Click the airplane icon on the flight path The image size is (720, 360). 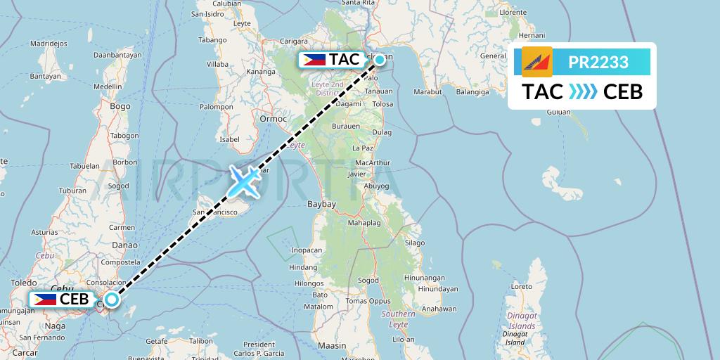pyautogui.click(x=243, y=181)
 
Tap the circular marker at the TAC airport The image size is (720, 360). pyautogui.click(x=380, y=60)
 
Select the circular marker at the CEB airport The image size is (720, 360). pyautogui.click(x=112, y=299)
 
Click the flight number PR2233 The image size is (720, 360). pyautogui.click(x=598, y=63)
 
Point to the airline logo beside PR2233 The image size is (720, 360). pyautogui.click(x=537, y=62)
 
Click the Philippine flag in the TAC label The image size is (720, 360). pyautogui.click(x=313, y=60)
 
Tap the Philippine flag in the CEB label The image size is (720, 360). pyautogui.click(x=44, y=299)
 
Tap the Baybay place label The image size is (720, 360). pyautogui.click(x=323, y=205)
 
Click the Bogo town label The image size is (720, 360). pyautogui.click(x=120, y=106)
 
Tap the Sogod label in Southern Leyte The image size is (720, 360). pyautogui.click(x=368, y=280)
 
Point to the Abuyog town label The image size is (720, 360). pyautogui.click(x=378, y=186)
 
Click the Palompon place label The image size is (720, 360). pyautogui.click(x=216, y=107)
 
